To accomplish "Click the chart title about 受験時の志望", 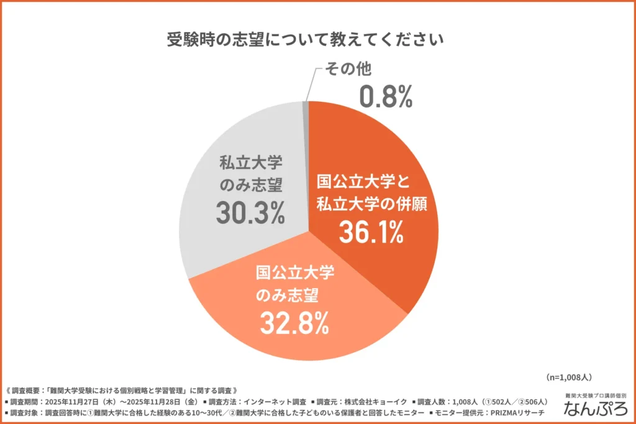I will (x=305, y=40).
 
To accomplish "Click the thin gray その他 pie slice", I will (x=306, y=124).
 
